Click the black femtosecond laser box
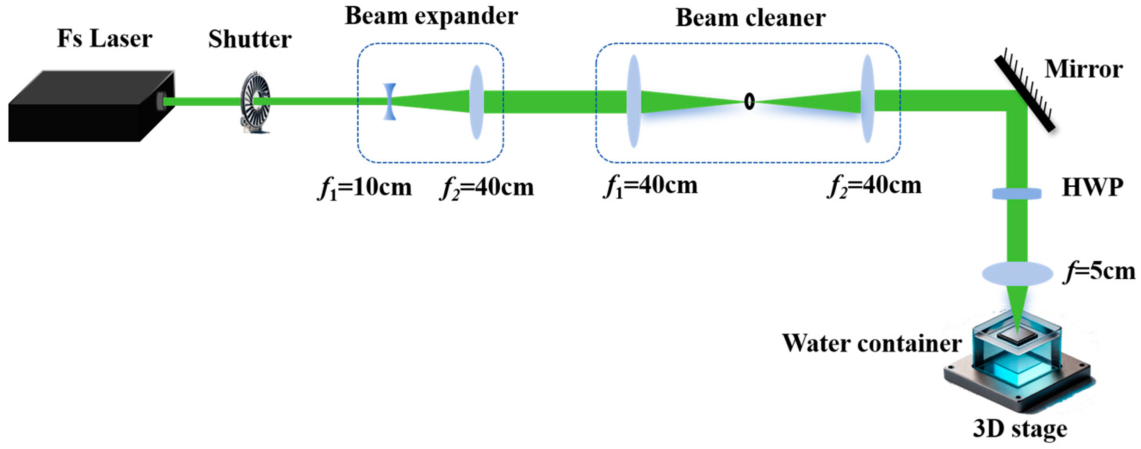(88, 108)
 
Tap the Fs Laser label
(104, 39)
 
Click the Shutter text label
(250, 39)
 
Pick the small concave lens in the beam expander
(389, 101)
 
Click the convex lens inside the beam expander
(476, 102)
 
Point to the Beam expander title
(431, 16)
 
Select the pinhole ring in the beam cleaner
(749, 101)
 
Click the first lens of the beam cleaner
(634, 101)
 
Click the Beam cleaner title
(750, 19)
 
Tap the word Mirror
(1083, 69)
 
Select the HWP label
(1093, 188)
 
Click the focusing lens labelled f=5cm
(1017, 273)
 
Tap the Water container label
(872, 344)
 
